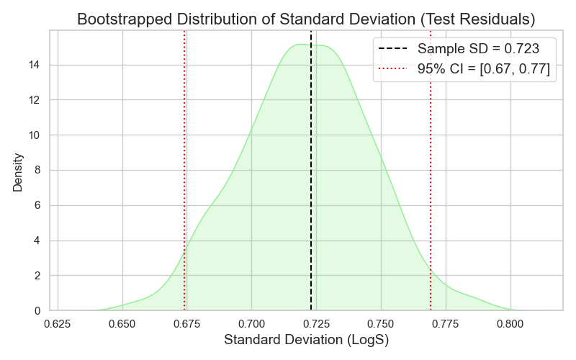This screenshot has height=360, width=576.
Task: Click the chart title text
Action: [306, 19]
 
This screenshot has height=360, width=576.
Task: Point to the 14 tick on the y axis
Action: [34, 65]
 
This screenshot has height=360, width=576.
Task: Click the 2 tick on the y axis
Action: [37, 276]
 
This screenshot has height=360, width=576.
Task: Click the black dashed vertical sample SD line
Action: [311, 180]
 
